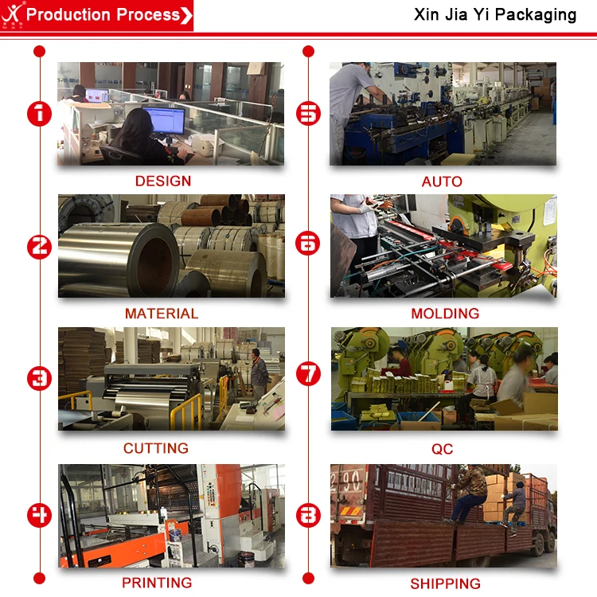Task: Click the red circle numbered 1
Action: coord(39,114)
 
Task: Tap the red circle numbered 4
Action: coord(39,516)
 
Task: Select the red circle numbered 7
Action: coord(308,374)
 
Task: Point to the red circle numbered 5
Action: coord(308,114)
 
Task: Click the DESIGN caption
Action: coord(163,181)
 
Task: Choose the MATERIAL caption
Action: coord(162,314)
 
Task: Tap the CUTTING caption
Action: coord(156,448)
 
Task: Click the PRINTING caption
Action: coord(157,583)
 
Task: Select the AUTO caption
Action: coord(442,181)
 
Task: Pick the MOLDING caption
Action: coord(445,314)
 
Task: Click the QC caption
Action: coord(442,449)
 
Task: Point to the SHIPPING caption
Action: coord(445,583)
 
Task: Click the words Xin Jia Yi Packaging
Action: coord(495,15)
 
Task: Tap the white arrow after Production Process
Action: coord(186,16)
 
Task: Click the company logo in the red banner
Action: coord(12,15)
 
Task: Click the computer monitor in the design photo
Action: coord(164,120)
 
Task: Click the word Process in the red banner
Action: coord(148,15)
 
